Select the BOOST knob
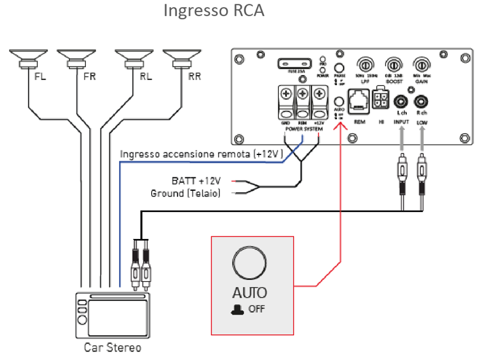point(393,65)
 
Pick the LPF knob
point(365,65)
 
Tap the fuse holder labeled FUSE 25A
point(296,65)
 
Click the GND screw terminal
point(286,97)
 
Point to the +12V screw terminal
point(318,97)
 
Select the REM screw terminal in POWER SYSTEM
point(302,97)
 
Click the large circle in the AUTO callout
point(249,263)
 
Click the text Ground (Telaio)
point(185,193)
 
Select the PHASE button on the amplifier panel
point(340,67)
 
